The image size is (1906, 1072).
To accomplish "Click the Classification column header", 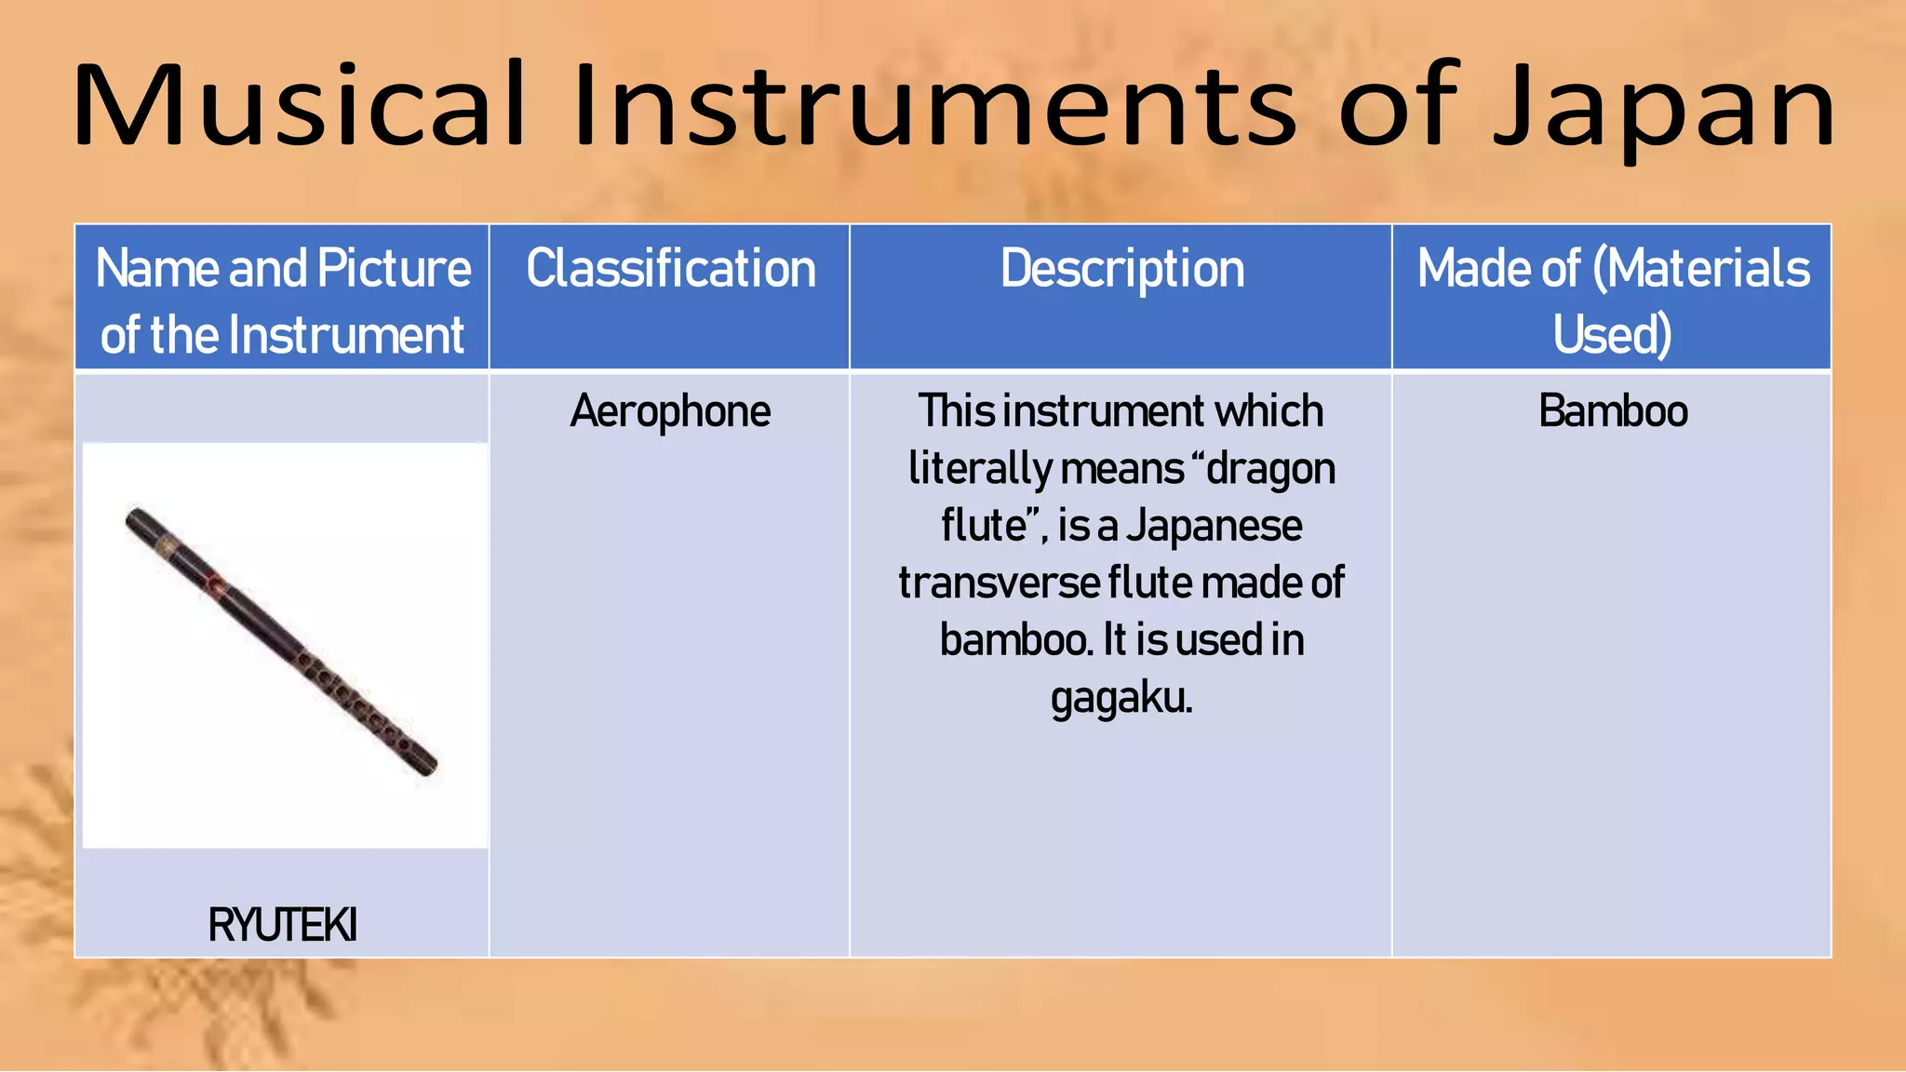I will click(670, 269).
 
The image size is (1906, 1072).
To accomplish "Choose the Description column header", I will click(1121, 269).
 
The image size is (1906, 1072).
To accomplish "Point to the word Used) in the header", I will click(1612, 335).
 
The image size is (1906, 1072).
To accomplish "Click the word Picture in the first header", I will click(394, 269).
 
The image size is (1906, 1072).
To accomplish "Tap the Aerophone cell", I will click(670, 411).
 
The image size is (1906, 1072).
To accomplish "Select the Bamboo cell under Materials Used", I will click(1612, 411).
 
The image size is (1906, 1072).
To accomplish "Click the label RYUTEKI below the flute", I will click(282, 925).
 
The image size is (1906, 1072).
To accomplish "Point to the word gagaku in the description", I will click(1121, 698).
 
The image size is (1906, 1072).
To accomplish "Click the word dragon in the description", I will click(1270, 469).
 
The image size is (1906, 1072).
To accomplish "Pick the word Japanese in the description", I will click(1214, 526).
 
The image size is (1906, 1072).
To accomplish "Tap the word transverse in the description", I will click(998, 583).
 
